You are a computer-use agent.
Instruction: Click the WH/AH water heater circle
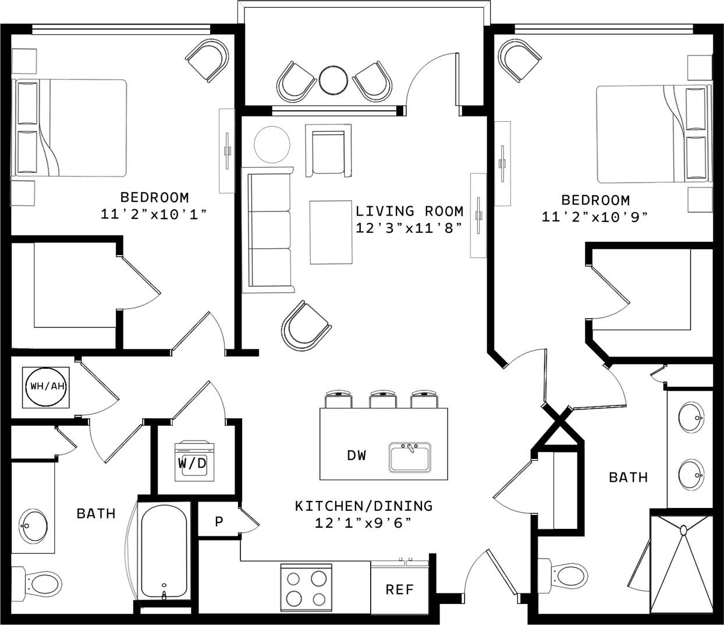pos(46,386)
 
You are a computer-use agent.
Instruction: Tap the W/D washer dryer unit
pos(194,461)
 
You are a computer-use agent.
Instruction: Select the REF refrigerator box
pos(399,589)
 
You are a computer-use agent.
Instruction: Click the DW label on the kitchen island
pos(357,455)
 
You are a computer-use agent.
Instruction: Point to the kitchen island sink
pos(410,457)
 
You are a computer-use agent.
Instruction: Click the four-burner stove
pos(306,588)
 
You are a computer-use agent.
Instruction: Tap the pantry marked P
pos(219,521)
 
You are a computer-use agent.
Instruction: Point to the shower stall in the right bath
pos(681,562)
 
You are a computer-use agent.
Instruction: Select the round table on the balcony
pos(333,79)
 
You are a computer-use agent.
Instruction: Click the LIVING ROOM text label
pos(409,211)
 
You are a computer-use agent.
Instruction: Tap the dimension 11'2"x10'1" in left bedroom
pos(154,214)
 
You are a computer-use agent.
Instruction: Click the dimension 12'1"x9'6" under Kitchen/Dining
pos(363,523)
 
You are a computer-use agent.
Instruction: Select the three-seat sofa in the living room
pos(269,230)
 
